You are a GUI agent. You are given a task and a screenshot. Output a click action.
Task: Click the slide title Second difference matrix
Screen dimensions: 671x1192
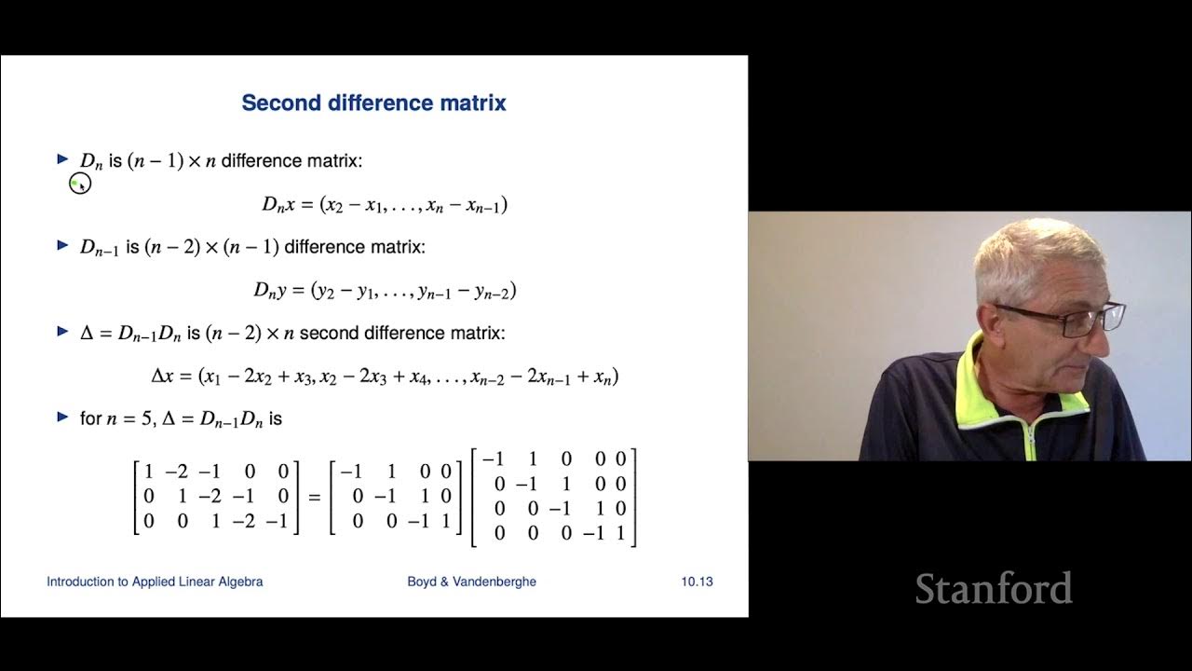[x=373, y=103]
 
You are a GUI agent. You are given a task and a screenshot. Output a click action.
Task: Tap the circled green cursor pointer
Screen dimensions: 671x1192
[x=79, y=185]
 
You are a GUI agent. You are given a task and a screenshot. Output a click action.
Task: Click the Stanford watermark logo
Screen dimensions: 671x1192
[x=993, y=589]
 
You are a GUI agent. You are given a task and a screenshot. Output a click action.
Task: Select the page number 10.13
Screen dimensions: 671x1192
[x=697, y=582]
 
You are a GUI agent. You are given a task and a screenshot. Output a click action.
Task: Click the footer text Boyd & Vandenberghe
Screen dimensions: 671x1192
[x=471, y=582]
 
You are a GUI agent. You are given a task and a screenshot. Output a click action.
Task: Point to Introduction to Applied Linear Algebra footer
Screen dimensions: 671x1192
[x=155, y=582]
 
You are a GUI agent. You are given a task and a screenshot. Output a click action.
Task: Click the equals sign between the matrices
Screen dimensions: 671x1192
[x=314, y=498]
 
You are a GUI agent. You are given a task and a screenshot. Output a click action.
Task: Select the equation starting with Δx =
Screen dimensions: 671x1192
[x=385, y=377]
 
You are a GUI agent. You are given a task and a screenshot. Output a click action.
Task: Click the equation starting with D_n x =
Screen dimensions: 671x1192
[x=385, y=204]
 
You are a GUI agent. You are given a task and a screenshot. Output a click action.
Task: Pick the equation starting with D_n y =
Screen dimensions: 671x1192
[x=385, y=291]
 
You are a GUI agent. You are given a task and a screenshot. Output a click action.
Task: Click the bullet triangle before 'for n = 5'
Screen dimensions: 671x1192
[x=63, y=417]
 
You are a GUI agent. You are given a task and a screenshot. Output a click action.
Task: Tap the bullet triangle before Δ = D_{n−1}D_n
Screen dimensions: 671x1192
[x=63, y=331]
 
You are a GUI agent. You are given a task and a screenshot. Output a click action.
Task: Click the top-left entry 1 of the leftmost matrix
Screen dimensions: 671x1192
[x=149, y=472]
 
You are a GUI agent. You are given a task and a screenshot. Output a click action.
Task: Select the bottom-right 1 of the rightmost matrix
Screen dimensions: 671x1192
[x=620, y=534]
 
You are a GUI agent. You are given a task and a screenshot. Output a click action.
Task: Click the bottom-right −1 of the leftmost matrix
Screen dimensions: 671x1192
[x=277, y=522]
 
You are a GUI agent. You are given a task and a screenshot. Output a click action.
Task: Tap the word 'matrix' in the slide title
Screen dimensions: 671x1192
[x=475, y=103]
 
